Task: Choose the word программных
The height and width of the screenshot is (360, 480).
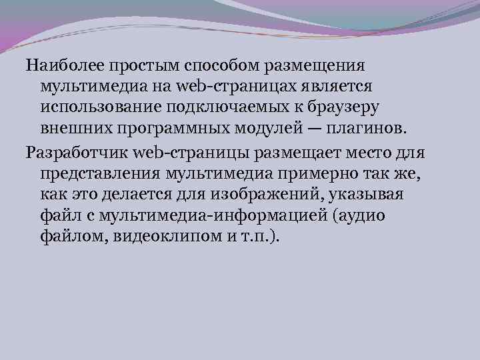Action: (168, 128)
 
